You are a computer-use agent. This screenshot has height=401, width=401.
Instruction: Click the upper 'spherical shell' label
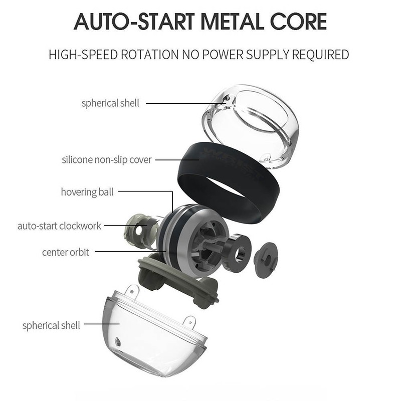click(110, 103)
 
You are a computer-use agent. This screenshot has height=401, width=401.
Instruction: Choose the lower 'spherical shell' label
click(51, 325)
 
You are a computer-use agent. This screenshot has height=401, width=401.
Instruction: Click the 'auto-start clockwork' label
click(59, 226)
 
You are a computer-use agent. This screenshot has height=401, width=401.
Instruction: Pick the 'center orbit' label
click(66, 252)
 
